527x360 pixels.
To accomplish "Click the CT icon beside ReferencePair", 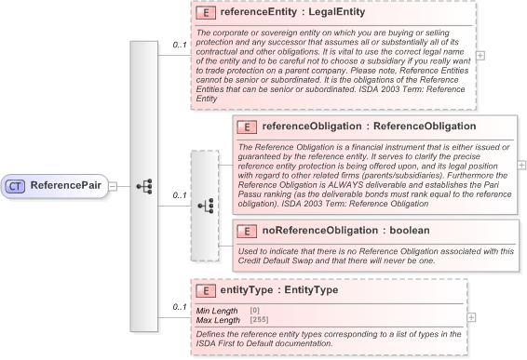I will pos(16,185).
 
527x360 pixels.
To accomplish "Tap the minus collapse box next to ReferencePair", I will pos(112,185).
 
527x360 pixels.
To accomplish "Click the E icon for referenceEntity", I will pos(206,14).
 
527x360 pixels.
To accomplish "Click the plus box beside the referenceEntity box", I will pos(480,55).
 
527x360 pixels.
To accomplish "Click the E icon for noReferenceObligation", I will pos(247,230).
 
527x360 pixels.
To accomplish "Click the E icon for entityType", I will pos(206,290).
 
